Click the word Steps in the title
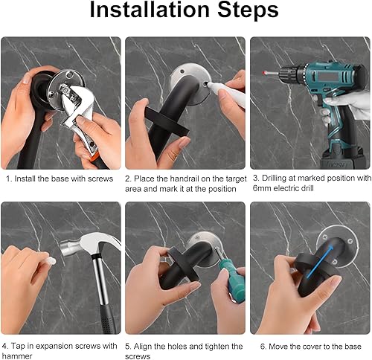244,11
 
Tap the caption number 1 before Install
7,179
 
